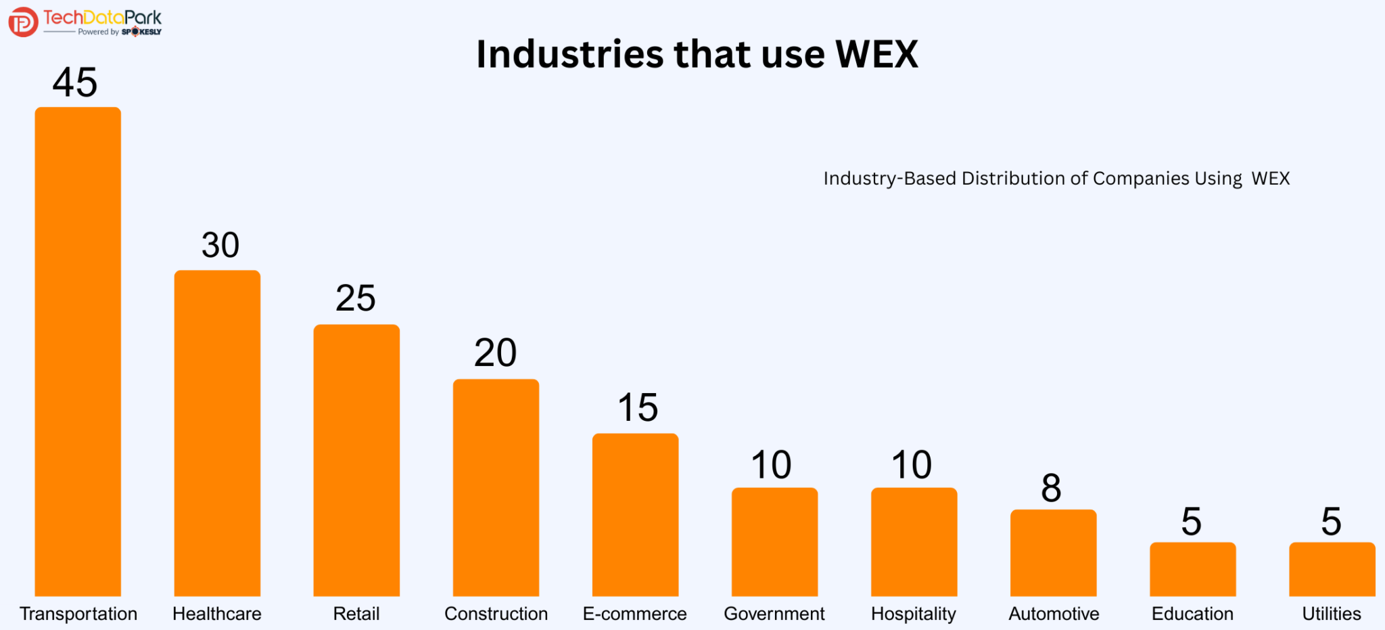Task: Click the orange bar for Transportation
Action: pyautogui.click(x=78, y=352)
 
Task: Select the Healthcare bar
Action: pyautogui.click(x=217, y=433)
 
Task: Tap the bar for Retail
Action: pyautogui.click(x=356, y=460)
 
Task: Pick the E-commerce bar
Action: pyautogui.click(x=635, y=514)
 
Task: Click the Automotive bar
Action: pyautogui.click(x=1053, y=553)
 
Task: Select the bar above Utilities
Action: pyautogui.click(x=1332, y=569)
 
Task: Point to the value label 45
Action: pyautogui.click(x=75, y=83)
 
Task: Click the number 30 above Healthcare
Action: pyautogui.click(x=220, y=245)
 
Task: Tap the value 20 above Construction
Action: pyautogui.click(x=495, y=353)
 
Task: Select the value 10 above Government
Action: pyautogui.click(x=771, y=465)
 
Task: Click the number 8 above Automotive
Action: pyautogui.click(x=1051, y=488)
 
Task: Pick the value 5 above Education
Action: pyautogui.click(x=1191, y=522)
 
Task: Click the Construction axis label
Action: pyautogui.click(x=496, y=614)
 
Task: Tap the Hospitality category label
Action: pyautogui.click(x=913, y=614)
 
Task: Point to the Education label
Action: pyautogui.click(x=1192, y=614)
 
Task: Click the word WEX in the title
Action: pyautogui.click(x=876, y=54)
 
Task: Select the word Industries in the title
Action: pyautogui.click(x=569, y=54)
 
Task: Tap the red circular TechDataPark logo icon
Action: pyautogui.click(x=23, y=22)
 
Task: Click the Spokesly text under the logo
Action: pyautogui.click(x=141, y=32)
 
